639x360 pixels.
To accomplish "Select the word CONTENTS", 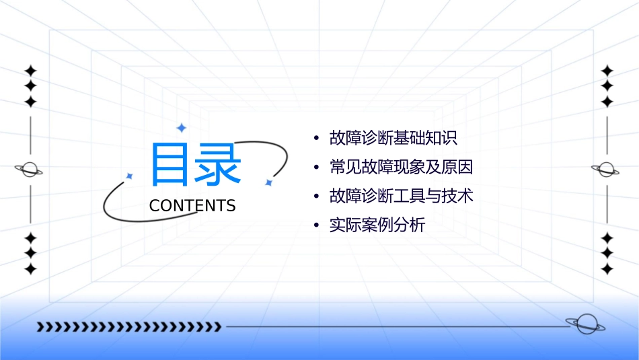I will tap(192, 206).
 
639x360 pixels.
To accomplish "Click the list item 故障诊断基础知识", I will tap(393, 139).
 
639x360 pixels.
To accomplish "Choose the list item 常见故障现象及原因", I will tap(402, 167).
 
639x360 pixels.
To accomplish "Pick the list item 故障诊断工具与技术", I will tap(402, 196).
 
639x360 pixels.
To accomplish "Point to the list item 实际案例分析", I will tap(377, 225).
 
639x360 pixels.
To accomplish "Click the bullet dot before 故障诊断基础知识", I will tap(316, 139).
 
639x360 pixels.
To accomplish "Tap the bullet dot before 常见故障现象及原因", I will tap(316, 168).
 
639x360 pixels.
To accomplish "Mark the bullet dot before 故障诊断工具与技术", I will tap(316, 196).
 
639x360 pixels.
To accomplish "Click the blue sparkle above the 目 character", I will tap(181, 128).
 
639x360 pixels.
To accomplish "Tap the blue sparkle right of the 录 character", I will tap(268, 182).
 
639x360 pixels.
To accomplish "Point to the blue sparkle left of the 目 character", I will tap(130, 176).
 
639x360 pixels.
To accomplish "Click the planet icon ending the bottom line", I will tap(585, 324).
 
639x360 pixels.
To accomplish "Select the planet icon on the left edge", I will tap(30, 170).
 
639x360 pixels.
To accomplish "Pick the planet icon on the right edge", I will tap(607, 170).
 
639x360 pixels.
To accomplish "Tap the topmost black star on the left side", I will tap(30, 71).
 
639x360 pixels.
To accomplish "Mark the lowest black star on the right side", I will tap(607, 268).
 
